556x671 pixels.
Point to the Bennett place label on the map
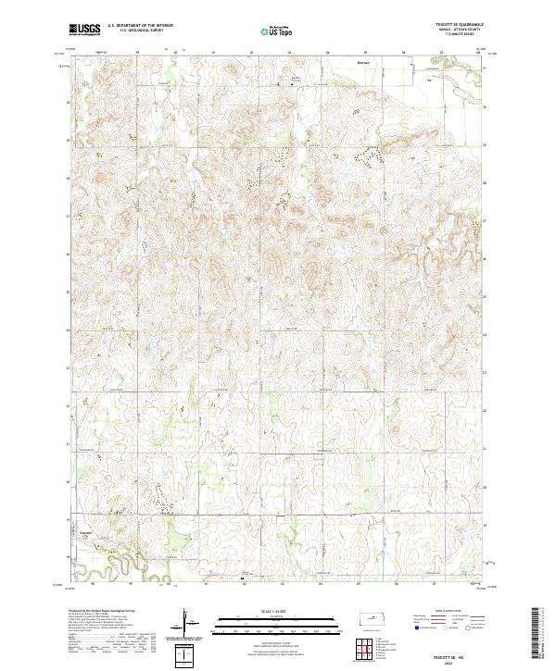(x=363, y=63)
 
